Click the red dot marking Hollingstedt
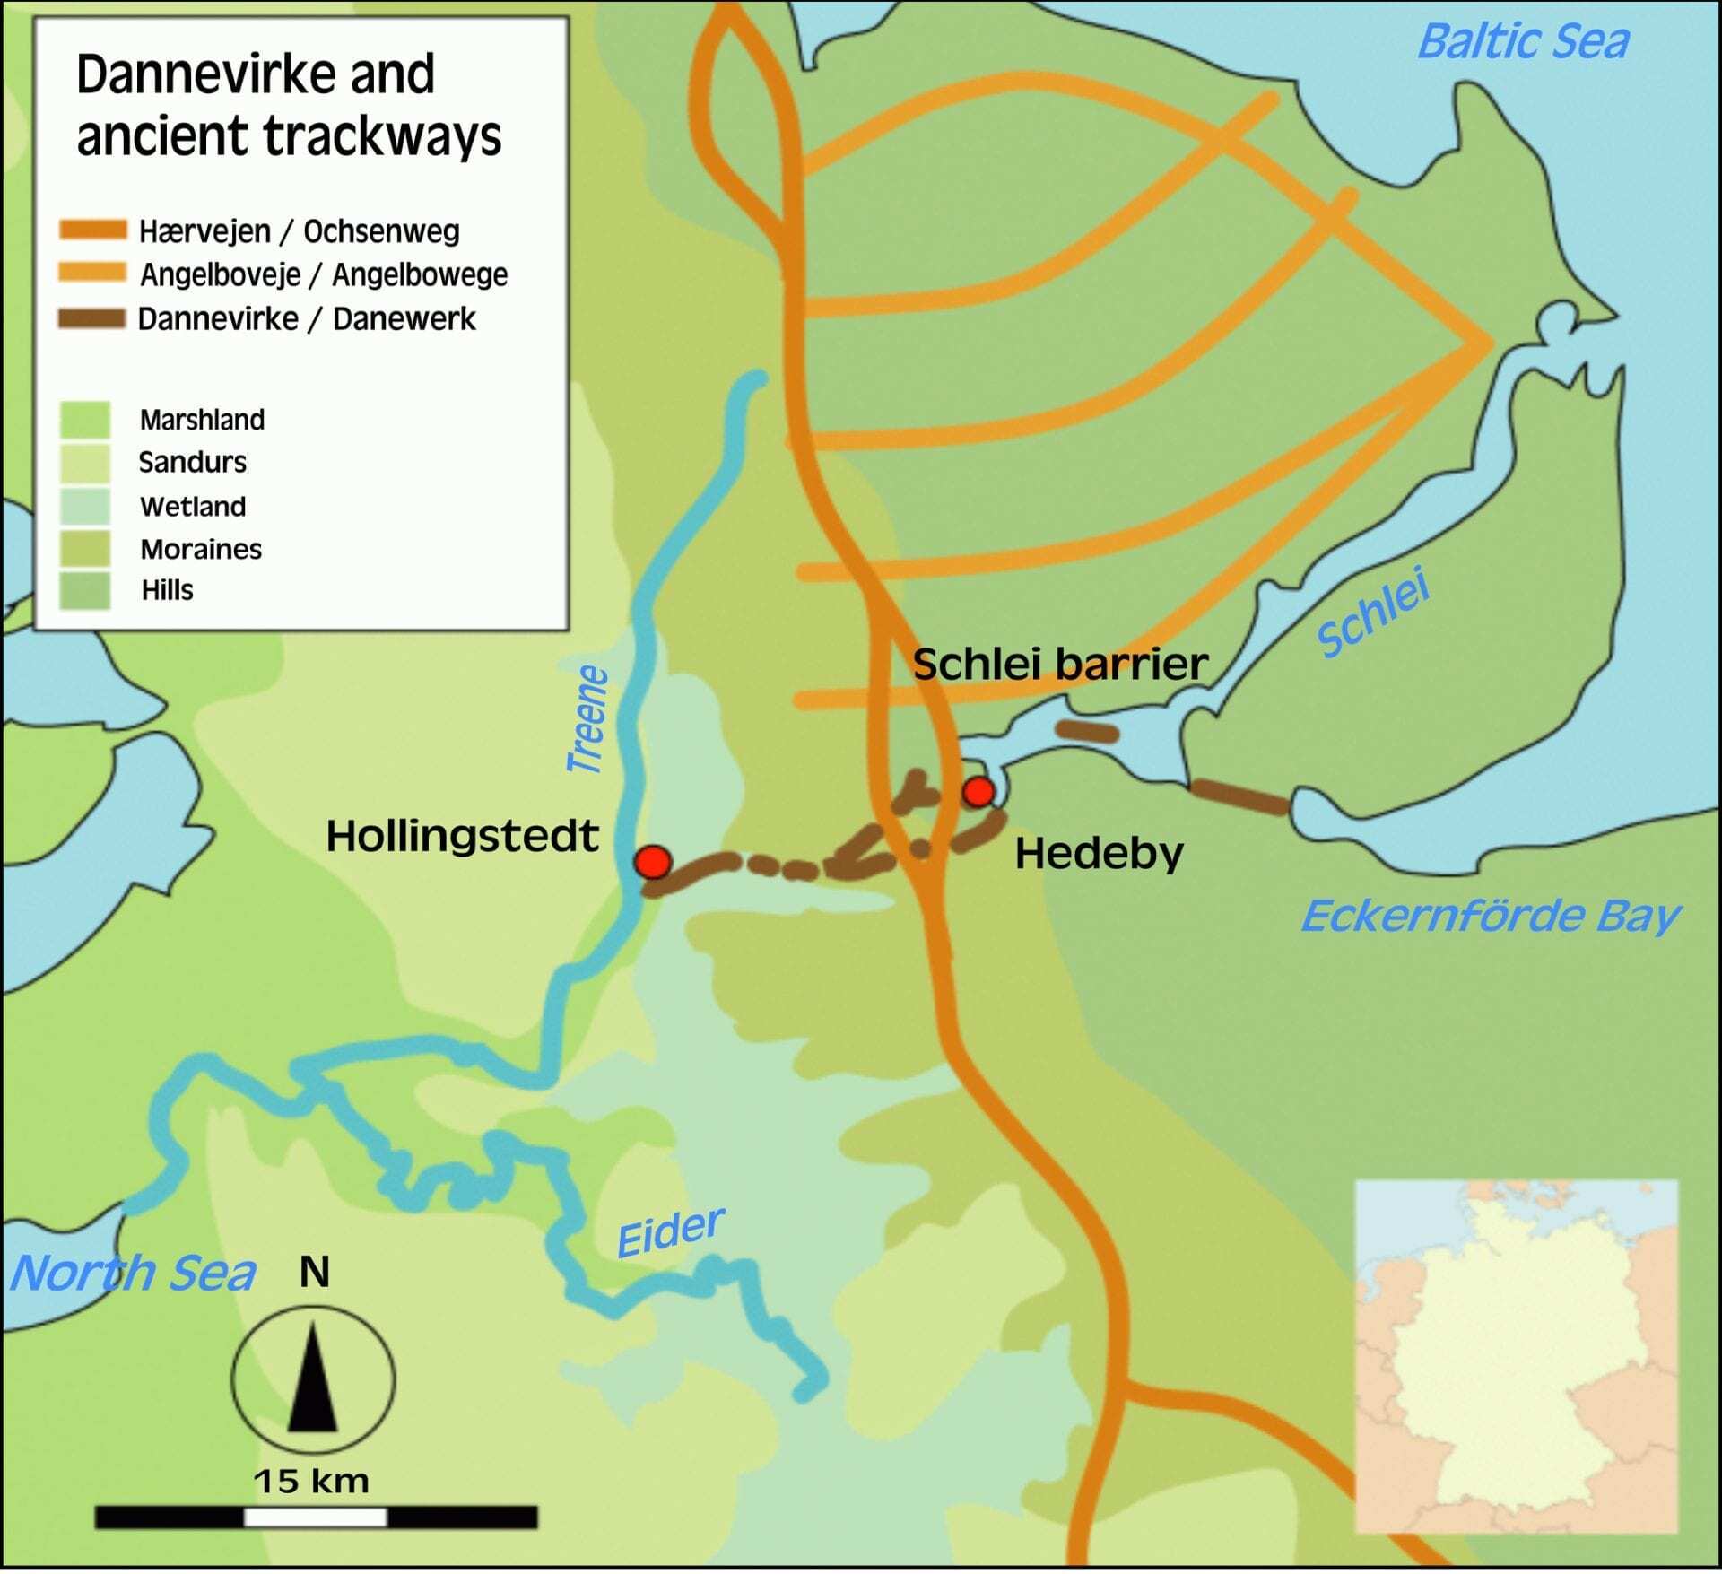click(653, 862)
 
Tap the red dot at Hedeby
click(978, 792)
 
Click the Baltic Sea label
click(1522, 42)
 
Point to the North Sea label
click(133, 1274)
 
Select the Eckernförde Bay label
click(1489, 917)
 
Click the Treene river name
click(588, 719)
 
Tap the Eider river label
click(670, 1232)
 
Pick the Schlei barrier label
click(1059, 665)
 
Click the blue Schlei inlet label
click(1372, 613)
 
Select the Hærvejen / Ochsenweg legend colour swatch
click(92, 230)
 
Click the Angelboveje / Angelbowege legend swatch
click(92, 274)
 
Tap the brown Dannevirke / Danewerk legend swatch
click(92, 318)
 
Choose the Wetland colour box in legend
click(85, 507)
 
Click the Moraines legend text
click(201, 549)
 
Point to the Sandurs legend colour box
click(85, 463)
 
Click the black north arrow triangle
click(312, 1382)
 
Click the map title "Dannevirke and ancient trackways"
click(288, 105)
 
